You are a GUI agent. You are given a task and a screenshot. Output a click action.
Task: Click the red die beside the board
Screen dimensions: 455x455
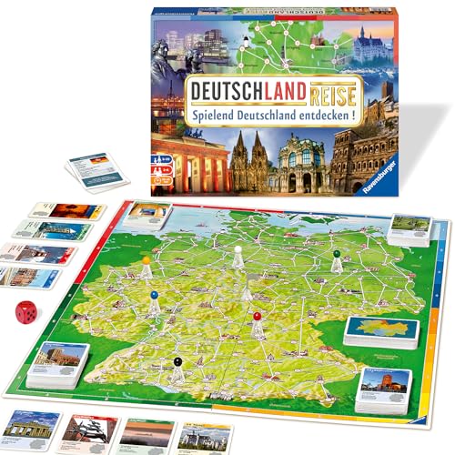click(26, 313)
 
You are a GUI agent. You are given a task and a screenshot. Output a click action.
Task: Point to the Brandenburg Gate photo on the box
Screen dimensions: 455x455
click(192, 162)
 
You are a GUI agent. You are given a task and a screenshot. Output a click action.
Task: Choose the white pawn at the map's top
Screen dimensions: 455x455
click(238, 255)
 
